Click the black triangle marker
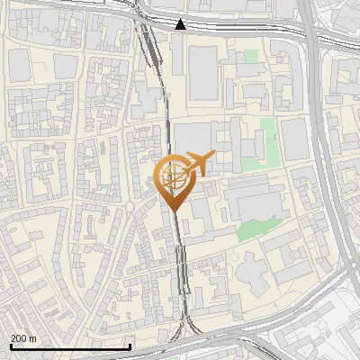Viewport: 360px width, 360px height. [x=181, y=24]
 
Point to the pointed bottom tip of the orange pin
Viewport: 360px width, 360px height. [x=173, y=211]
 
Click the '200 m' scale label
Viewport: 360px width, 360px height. [x=23, y=337]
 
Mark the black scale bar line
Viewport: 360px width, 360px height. [x=70, y=346]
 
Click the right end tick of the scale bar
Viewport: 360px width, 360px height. [x=130, y=345]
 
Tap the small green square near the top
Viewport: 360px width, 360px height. [x=251, y=56]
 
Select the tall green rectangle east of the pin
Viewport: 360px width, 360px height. [x=267, y=139]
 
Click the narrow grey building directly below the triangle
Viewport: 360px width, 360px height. [x=178, y=54]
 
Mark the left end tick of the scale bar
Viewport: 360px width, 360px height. [x=10, y=345]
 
